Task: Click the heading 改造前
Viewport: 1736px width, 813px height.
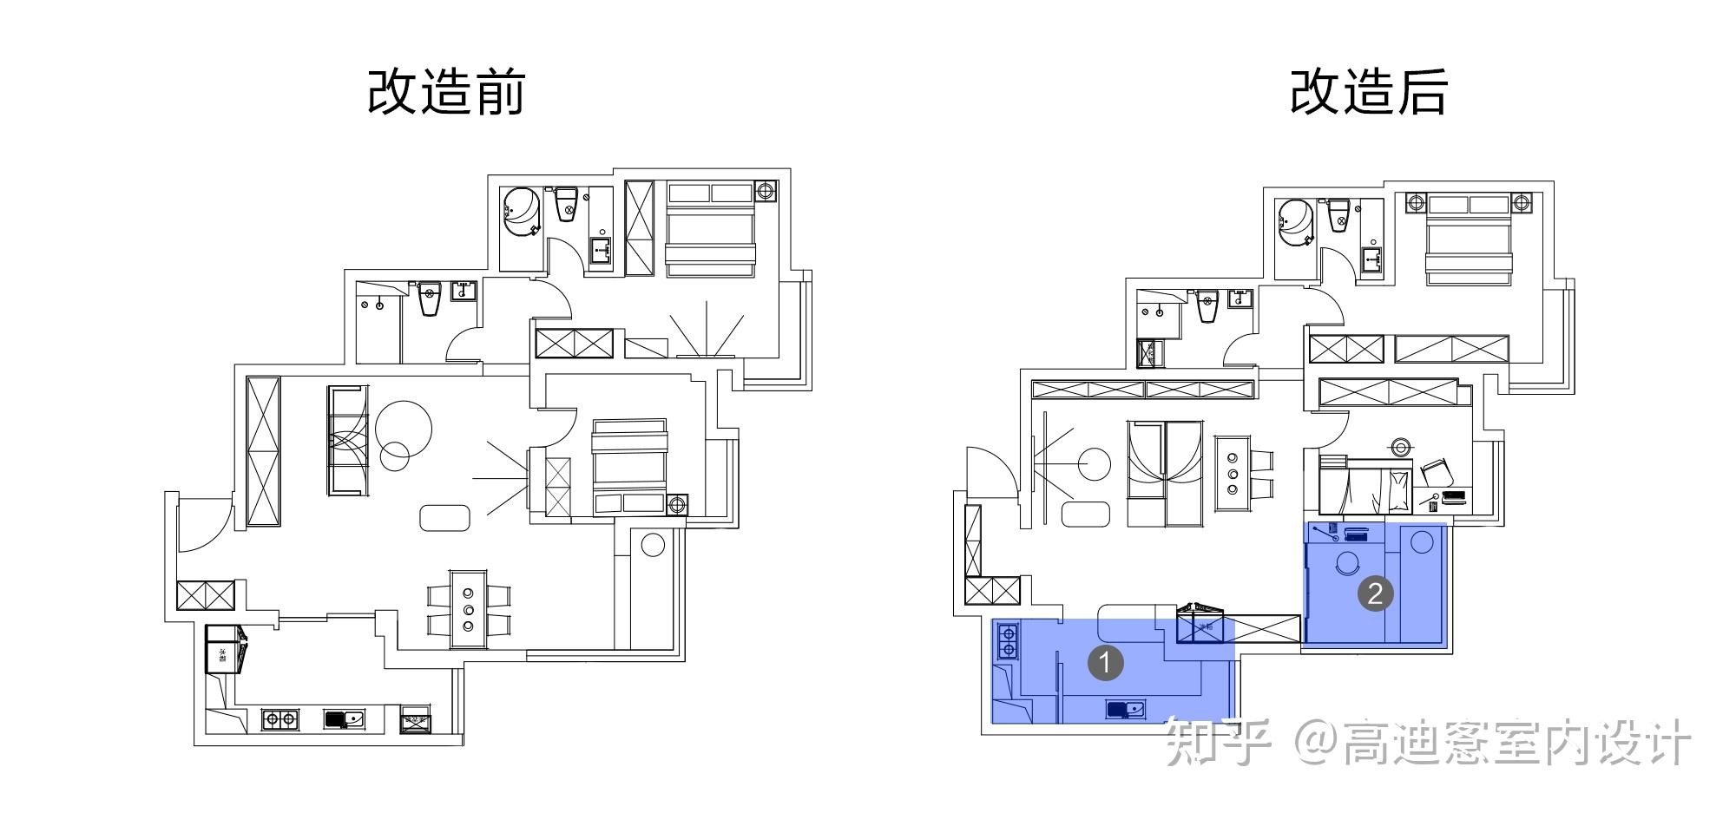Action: point(446,91)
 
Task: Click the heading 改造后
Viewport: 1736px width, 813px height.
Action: point(1368,91)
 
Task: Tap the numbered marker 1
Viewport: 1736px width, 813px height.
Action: point(1106,663)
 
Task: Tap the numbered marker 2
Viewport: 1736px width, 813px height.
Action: point(1375,593)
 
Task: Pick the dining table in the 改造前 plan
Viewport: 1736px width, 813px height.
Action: point(469,607)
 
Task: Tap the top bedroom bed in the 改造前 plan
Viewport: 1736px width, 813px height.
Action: point(709,230)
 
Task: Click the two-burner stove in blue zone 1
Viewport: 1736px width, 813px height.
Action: point(1008,641)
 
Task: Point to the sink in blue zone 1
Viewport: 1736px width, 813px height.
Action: point(1126,710)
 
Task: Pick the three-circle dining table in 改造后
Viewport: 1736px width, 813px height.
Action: point(1232,477)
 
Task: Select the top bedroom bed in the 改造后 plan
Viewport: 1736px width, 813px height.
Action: point(1469,240)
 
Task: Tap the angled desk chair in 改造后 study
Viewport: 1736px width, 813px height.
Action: point(1434,471)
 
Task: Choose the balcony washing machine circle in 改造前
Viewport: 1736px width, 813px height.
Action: point(652,545)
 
